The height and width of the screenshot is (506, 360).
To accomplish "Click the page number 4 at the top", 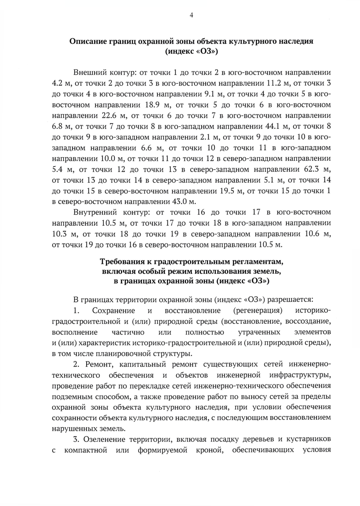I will (x=191, y=16).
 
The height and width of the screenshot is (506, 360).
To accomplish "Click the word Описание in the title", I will (x=87, y=41).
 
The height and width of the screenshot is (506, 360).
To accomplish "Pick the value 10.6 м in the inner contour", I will (x=318, y=234).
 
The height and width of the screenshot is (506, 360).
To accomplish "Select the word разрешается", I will (x=290, y=299).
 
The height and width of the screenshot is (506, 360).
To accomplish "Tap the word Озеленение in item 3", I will (x=104, y=439).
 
